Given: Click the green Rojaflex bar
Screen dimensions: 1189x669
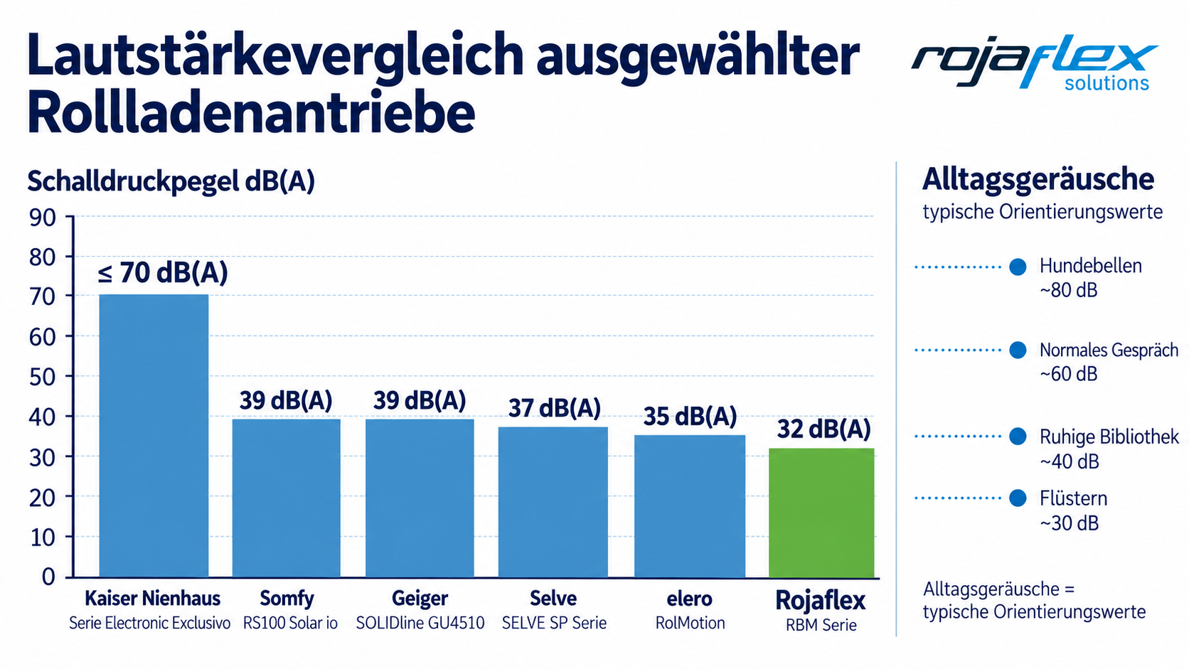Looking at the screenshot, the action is click(x=821, y=513).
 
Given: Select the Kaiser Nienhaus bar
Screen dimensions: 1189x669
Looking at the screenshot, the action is click(x=154, y=436).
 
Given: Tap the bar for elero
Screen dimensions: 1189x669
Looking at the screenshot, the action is click(x=690, y=506).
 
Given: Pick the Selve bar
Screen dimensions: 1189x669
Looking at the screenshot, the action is click(x=553, y=502).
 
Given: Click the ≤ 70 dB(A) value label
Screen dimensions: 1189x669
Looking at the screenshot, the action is click(x=163, y=273).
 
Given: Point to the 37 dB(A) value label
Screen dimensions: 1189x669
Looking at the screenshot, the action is click(x=555, y=408).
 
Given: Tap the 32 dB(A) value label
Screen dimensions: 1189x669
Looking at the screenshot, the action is click(x=823, y=429).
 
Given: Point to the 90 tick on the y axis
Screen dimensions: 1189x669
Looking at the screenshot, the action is click(x=43, y=218).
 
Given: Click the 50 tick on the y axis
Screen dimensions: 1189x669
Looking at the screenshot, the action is click(x=43, y=377).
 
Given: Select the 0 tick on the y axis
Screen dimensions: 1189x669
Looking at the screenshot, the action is click(x=48, y=577).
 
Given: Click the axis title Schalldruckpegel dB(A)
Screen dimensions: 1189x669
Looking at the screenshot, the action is click(x=171, y=181).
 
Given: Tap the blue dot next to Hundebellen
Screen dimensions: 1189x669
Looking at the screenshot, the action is click(x=1018, y=267).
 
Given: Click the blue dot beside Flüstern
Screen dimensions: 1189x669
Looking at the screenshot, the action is click(x=1018, y=498).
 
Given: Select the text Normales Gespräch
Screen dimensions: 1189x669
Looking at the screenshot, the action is click(x=1109, y=350).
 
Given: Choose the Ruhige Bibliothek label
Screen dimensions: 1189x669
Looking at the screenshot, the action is click(x=1109, y=437).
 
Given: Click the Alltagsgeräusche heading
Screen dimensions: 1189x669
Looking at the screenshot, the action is click(x=1038, y=178).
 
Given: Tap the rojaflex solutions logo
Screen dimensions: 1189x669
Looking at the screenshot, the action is click(x=1035, y=63).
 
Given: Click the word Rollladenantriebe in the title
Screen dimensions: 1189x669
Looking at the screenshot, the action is click(x=251, y=112).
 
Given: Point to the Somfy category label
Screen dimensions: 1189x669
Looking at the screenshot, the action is click(x=287, y=599).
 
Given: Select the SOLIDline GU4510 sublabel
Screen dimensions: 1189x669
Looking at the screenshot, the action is click(x=420, y=623).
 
